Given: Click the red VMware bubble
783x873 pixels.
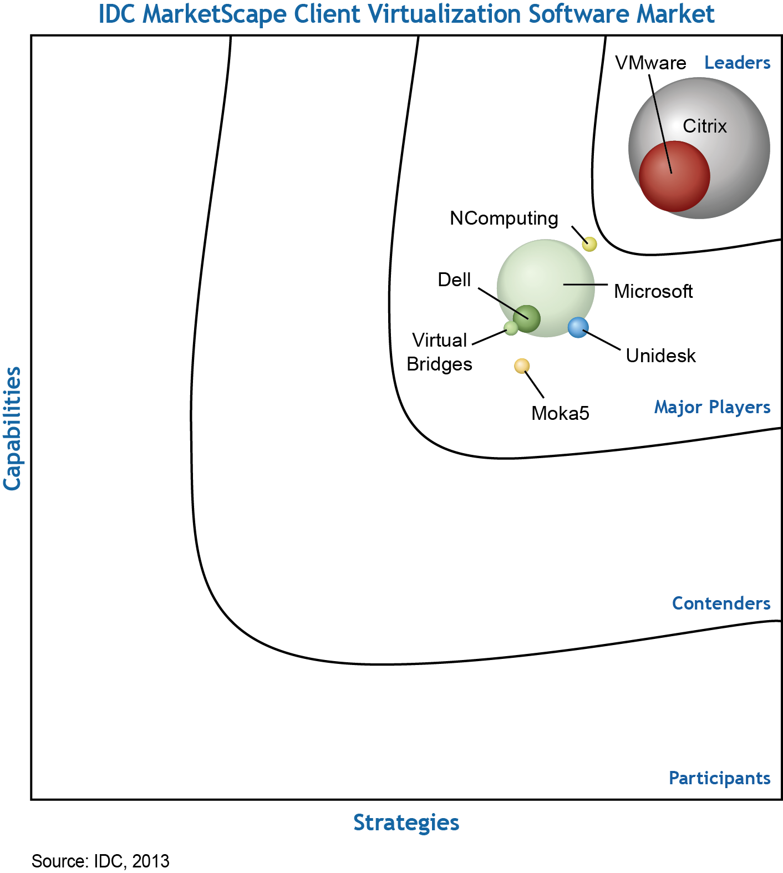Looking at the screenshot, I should pos(674,176).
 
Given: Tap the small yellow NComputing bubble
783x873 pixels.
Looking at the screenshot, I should pos(589,244).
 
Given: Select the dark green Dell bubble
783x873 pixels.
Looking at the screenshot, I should pos(526,318).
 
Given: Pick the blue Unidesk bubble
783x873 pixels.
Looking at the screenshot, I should pos(578,327).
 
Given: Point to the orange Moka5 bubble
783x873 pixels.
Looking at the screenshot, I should pos(522,366).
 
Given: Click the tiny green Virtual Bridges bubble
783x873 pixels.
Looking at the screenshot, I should pos(511,328).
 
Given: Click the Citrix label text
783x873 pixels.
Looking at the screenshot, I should pos(704,126).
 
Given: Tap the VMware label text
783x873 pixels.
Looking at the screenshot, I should pos(650,63).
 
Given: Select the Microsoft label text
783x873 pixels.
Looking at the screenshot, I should pos(653,292).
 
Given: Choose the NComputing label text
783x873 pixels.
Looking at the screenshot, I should pos(504,219).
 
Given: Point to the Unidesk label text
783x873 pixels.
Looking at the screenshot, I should pos(660,356).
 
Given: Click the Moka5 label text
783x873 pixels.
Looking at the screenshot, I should pos(560,414).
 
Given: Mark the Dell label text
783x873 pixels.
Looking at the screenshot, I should pos(454,280).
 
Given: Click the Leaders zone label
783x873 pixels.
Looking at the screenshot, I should pos(737,63).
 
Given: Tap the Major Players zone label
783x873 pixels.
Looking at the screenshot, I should pos(712,408).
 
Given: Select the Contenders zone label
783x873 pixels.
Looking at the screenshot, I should pos(721,603).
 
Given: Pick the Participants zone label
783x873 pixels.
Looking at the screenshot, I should pos(719,778).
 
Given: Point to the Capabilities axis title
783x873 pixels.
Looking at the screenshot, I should pos(12,428).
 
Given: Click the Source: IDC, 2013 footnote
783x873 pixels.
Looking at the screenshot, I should pos(100,861).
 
